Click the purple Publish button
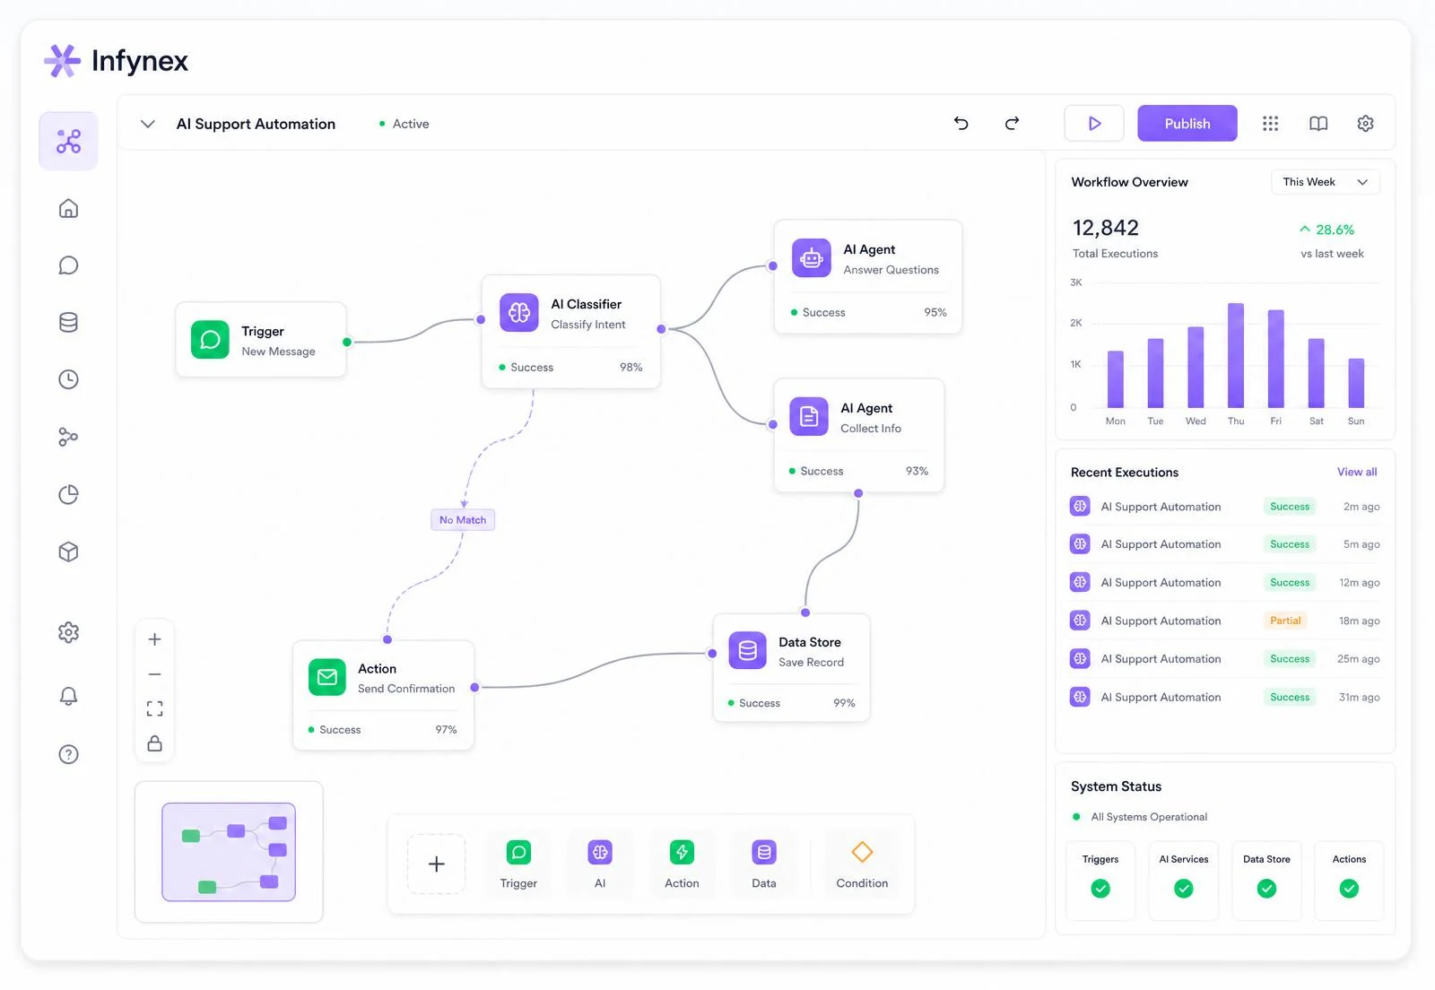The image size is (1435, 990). (1187, 123)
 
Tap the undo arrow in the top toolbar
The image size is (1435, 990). (961, 123)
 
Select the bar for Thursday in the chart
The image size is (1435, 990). (1235, 355)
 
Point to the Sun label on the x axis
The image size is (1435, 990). (1355, 421)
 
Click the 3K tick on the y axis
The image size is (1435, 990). (1075, 282)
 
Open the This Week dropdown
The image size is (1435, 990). (1325, 182)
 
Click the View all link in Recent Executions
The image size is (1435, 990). (1356, 472)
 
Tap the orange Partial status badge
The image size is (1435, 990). (1285, 621)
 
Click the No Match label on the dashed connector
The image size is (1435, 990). (463, 520)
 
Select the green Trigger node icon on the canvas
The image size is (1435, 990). (210, 339)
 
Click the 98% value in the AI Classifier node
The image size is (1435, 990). (631, 367)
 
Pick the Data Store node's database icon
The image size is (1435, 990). (747, 651)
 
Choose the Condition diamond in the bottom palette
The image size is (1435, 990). (862, 852)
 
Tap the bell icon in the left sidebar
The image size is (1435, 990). (68, 696)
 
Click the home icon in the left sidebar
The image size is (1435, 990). (68, 209)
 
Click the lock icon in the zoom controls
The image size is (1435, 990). (154, 743)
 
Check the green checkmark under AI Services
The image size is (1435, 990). (1183, 888)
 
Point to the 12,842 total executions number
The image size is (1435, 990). (1106, 228)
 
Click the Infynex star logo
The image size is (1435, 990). (62, 61)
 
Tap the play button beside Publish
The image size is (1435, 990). (1093, 123)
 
